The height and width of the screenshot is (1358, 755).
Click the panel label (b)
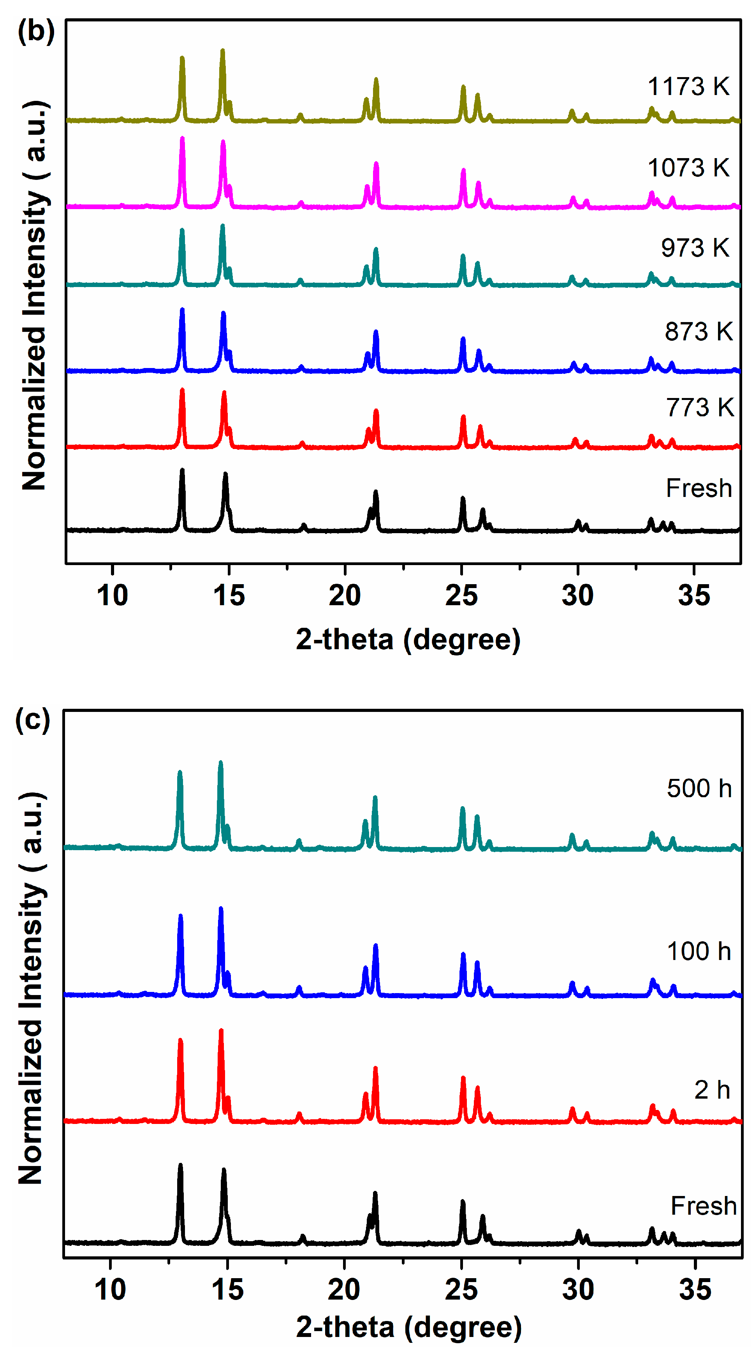[x=36, y=31]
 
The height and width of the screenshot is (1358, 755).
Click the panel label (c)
[x=33, y=720]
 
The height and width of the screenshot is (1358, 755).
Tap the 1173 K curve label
[x=688, y=86]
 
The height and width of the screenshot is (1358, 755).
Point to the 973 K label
[x=695, y=248]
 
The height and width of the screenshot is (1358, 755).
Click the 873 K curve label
[x=699, y=331]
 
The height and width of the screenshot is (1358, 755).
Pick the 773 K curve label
[x=700, y=407]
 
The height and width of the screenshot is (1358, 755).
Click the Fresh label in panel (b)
[x=699, y=488]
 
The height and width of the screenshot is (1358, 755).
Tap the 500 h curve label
[x=699, y=789]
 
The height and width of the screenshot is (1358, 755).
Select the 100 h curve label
[x=699, y=951]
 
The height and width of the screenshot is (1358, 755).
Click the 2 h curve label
[x=712, y=1090]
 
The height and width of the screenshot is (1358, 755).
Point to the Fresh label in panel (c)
[x=703, y=1206]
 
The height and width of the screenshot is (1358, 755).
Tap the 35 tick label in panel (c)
[x=695, y=1290]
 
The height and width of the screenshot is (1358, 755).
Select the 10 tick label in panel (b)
[x=112, y=596]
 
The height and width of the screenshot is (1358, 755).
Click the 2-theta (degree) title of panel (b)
[x=408, y=639]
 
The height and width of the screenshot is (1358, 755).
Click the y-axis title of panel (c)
[x=32, y=986]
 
